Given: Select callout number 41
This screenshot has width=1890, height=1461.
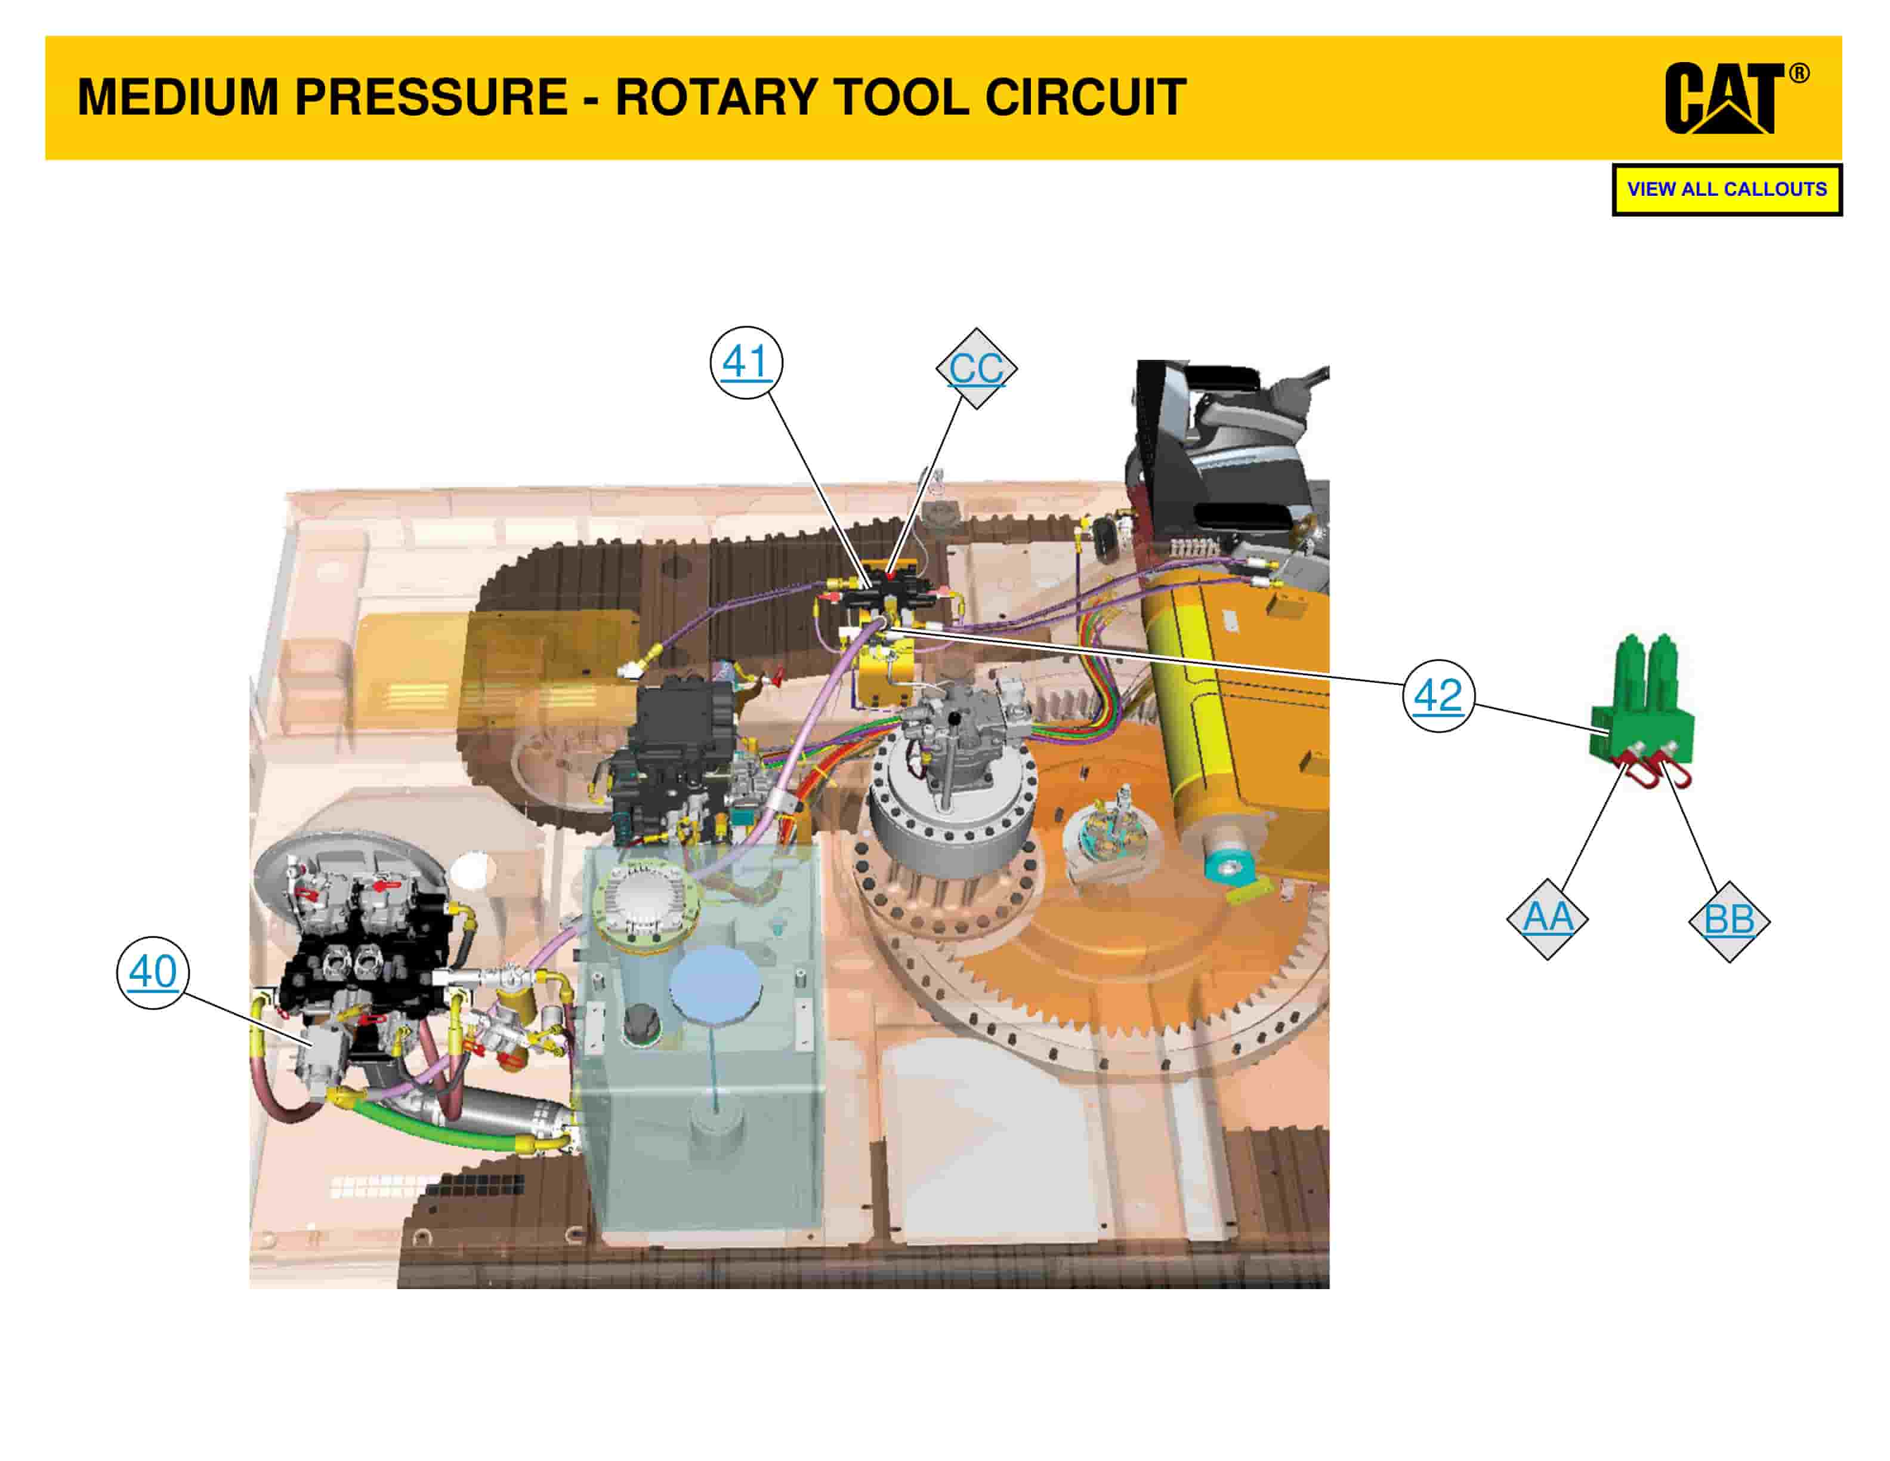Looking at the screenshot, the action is pos(746,362).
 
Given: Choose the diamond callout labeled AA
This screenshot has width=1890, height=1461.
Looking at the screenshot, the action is pos(1548,918).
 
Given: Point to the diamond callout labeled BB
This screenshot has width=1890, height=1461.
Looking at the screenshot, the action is pos(1729,921).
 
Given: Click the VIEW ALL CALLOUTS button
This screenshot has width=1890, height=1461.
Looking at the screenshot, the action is pos(1727,190).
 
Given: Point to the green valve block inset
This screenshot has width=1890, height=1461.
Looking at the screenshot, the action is pos(1642,711).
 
